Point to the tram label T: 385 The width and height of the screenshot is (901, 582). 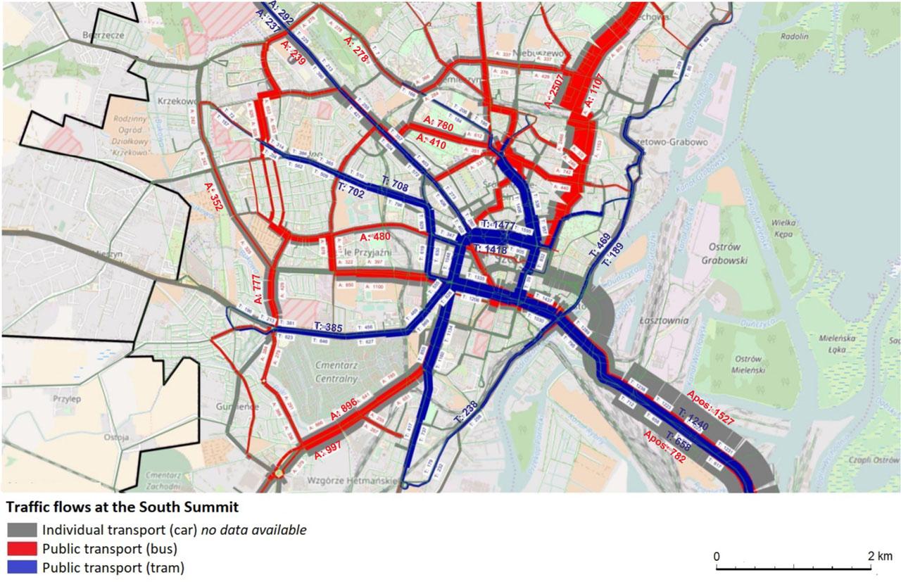[x=329, y=327]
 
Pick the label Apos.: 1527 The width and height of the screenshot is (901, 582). [x=710, y=407]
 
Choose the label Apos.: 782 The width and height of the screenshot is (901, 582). [x=664, y=446]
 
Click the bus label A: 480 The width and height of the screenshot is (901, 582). [x=374, y=236]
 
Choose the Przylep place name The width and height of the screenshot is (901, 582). [x=67, y=398]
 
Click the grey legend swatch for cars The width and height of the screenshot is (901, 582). [x=22, y=530]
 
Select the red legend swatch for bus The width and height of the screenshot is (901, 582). [x=22, y=548]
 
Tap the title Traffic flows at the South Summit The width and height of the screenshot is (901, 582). [x=122, y=507]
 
